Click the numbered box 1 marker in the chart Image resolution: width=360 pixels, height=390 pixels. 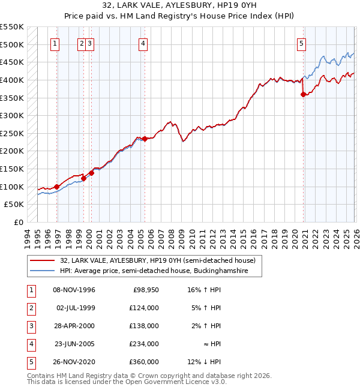(x=55, y=43)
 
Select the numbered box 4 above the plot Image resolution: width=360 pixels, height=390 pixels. (x=143, y=43)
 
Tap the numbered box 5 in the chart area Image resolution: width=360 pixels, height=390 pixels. (x=301, y=43)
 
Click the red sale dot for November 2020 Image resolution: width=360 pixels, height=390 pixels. (x=304, y=94)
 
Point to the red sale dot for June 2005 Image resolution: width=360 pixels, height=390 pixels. (x=145, y=139)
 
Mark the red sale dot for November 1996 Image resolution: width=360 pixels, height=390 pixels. (x=56, y=187)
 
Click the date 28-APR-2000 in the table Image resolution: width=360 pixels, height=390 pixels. (x=75, y=326)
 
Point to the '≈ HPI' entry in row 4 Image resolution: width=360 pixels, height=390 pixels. (x=211, y=344)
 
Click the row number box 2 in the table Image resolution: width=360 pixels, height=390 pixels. (x=30, y=308)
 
